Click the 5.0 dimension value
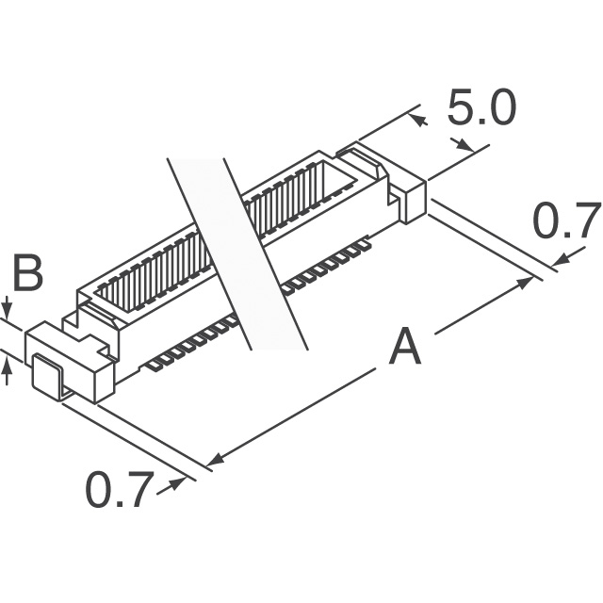point(481,108)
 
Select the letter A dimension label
point(404,346)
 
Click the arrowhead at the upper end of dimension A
point(524,283)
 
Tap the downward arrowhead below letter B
point(7,311)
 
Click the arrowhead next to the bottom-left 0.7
point(174,483)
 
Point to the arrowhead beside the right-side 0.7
point(562,259)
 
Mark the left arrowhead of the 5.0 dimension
point(418,120)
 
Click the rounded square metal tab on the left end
point(46,375)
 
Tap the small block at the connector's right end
point(413,201)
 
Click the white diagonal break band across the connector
point(237,253)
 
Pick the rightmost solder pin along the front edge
point(364,245)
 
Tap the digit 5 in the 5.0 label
point(462,108)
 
